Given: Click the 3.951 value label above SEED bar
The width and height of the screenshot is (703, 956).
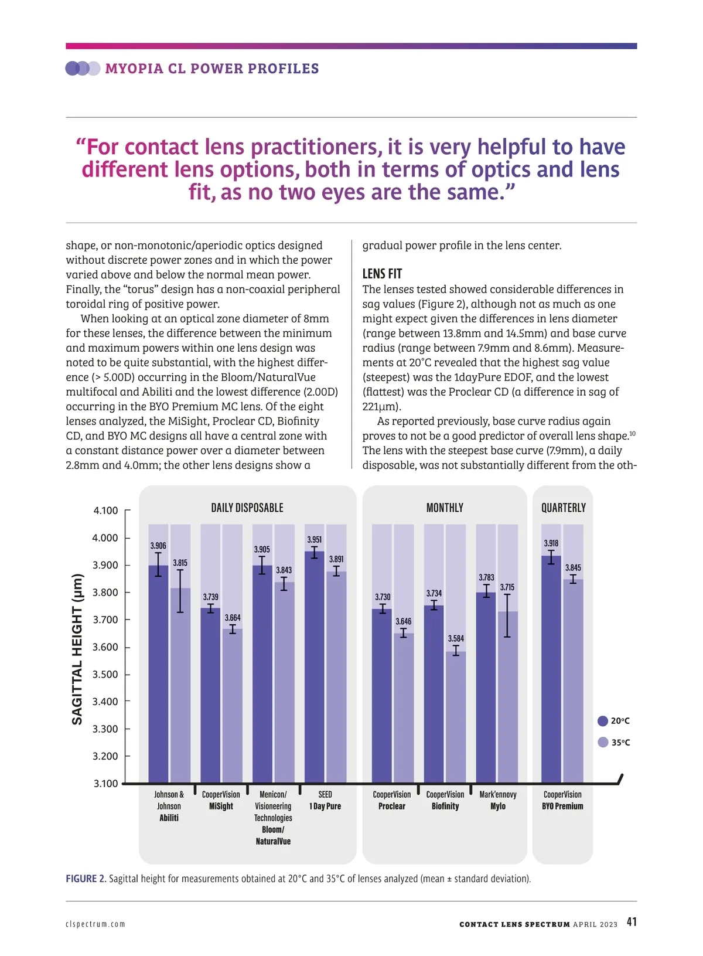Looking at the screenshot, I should tap(315, 539).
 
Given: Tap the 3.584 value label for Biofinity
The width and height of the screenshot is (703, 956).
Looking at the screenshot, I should tap(456, 638).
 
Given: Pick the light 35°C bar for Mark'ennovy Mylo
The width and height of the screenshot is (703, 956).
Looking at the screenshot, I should tap(508, 698).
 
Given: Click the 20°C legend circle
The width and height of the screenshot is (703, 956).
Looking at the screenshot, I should tap(603, 721).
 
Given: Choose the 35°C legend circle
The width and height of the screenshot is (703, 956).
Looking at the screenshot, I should tap(603, 742).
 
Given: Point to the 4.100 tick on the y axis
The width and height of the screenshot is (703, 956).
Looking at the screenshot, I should tap(105, 511).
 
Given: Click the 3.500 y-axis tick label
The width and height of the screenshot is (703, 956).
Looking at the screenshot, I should tap(105, 674).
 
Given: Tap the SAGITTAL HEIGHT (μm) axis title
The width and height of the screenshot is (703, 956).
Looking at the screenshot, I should tap(77, 649).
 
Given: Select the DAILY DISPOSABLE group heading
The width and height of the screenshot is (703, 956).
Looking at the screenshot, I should tap(247, 508).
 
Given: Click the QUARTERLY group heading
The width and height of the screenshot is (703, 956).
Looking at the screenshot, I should tap(563, 508).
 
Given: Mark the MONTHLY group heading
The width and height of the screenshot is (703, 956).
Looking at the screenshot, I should tap(445, 508).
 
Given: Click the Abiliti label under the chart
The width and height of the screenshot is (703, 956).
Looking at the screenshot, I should tap(169, 818).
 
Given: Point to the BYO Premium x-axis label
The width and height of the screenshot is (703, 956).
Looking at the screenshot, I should tap(562, 806).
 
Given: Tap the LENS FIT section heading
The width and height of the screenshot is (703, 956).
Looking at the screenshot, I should tap(382, 274).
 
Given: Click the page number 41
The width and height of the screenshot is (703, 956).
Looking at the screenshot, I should tap(632, 921).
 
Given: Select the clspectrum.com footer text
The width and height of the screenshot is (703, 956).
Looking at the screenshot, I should tap(95, 924).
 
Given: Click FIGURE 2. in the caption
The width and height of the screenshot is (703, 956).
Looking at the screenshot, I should tap(86, 879).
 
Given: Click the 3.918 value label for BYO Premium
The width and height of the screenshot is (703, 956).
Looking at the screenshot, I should tap(551, 543).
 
